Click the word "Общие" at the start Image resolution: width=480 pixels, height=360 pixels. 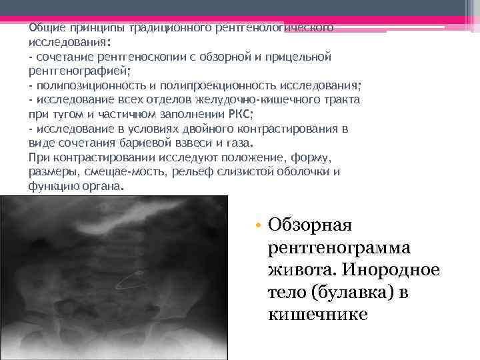44,29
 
